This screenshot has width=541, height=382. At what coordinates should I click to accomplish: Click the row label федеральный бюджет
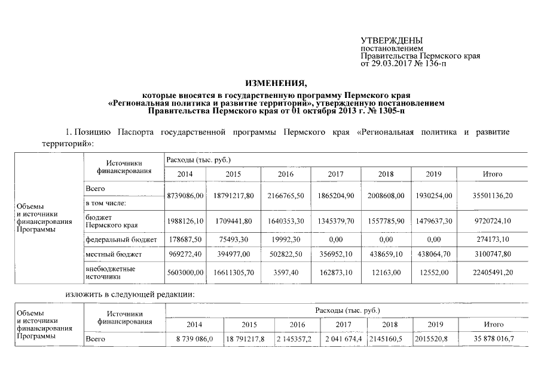click(121, 239)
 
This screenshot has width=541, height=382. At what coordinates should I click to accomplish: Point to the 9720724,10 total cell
click(492, 221)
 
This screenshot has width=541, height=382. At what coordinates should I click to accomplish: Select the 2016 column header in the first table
click(289, 174)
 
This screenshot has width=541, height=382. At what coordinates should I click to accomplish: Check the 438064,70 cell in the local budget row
click(434, 254)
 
